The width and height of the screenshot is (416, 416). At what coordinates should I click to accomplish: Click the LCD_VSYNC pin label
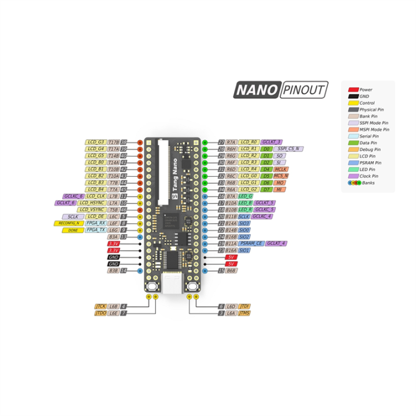point(90,210)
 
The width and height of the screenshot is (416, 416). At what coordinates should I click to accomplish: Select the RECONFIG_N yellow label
point(69,223)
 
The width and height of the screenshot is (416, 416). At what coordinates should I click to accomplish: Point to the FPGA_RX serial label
point(95,223)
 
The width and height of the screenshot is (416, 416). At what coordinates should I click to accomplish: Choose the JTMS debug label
point(244,313)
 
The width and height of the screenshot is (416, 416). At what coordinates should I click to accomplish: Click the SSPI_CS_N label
point(289,148)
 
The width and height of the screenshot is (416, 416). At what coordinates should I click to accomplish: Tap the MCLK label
point(281,169)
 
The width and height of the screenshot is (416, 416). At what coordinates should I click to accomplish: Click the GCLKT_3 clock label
point(271,142)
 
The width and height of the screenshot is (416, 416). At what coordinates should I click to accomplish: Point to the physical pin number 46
point(123,210)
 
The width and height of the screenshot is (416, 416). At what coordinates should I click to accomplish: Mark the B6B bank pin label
point(231,270)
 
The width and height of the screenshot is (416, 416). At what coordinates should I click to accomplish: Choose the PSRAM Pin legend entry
point(370,162)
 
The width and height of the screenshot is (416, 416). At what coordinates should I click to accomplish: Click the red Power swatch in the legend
point(352,90)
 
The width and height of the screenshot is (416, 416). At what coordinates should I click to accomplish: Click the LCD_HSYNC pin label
point(91,203)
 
